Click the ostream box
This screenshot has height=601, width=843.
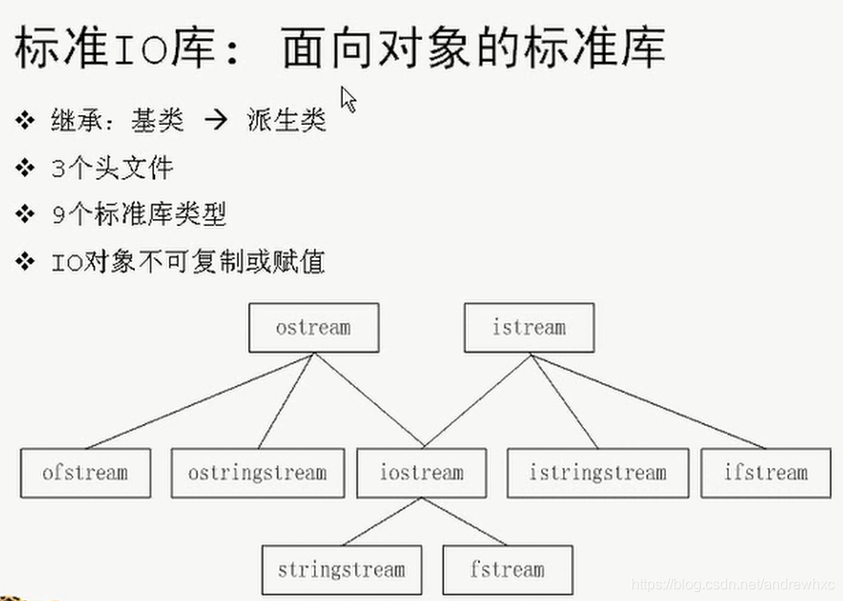pos(313,327)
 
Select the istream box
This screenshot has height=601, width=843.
pos(528,327)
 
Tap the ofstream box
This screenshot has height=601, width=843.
pos(85,472)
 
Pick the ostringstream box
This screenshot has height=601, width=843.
pos(257,472)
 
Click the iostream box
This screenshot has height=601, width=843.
pos(421,472)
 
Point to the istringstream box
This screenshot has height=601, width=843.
pos(598,472)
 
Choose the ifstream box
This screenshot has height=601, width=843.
pos(765,472)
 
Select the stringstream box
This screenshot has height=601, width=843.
pos(341,570)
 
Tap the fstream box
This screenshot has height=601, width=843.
pos(507,570)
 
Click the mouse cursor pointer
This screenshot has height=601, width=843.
pos(348,97)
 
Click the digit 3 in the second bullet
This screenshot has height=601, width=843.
pos(58,168)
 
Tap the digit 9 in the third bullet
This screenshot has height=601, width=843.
pos(58,215)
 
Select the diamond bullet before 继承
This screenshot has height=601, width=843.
pos(25,120)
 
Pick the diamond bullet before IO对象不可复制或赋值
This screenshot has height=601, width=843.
pos(25,263)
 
